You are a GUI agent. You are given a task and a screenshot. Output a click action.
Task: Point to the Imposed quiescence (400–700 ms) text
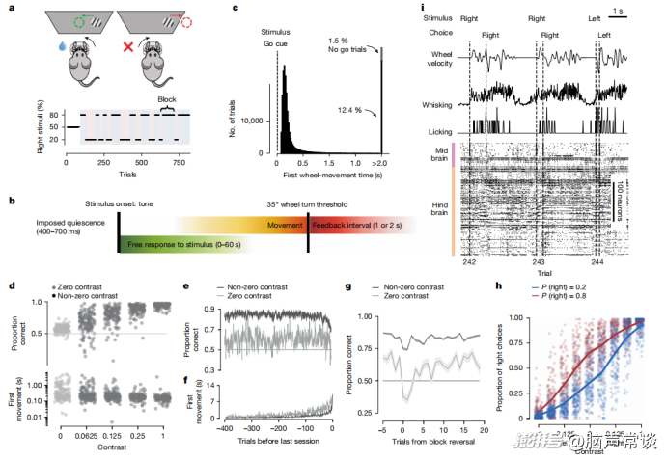click(44, 230)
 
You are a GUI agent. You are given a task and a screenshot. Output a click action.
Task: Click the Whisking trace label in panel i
click(444, 102)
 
